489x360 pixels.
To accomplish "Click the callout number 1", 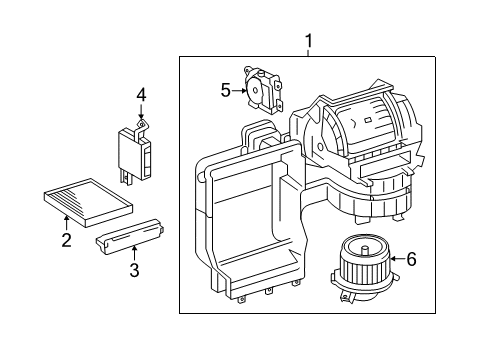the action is click(x=309, y=41).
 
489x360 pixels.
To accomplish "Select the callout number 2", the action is click(x=66, y=240).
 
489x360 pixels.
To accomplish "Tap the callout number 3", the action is click(x=134, y=270).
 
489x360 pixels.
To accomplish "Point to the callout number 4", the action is click(x=141, y=95).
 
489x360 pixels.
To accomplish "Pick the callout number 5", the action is click(x=226, y=90).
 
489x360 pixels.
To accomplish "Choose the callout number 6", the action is click(x=412, y=259).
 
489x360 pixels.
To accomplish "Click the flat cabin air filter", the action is click(x=88, y=202).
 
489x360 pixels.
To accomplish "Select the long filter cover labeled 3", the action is click(x=130, y=237).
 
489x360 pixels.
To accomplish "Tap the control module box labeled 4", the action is click(x=135, y=153).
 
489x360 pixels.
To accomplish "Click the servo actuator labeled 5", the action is click(x=263, y=89).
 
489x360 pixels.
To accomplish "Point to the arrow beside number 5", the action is click(x=239, y=90).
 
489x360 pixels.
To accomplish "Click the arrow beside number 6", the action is click(x=397, y=259).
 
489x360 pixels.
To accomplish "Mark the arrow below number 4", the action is click(x=141, y=111).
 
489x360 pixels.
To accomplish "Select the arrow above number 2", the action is click(x=66, y=223).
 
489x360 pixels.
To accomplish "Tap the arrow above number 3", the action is click(x=134, y=252).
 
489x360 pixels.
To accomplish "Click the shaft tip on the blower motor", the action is click(x=365, y=249).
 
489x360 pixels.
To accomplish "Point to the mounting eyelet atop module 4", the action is click(x=142, y=124).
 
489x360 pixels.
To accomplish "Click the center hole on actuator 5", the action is click(x=255, y=89).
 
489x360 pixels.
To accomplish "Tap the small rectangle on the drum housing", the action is click(x=368, y=120).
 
